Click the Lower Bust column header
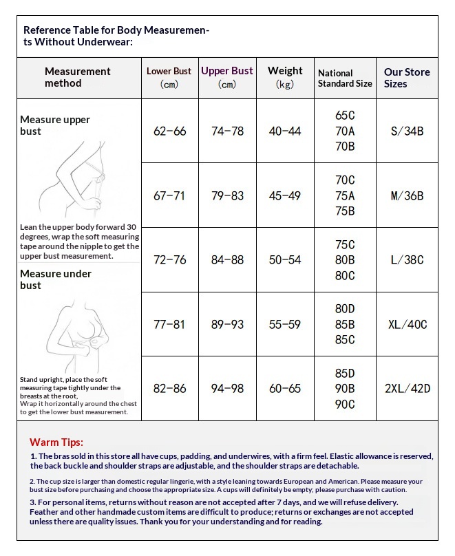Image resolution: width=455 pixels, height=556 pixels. tap(169, 77)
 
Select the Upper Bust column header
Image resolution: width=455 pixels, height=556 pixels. tap(227, 77)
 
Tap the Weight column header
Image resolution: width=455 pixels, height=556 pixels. tap(285, 77)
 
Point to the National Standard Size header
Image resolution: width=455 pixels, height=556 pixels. tap(345, 78)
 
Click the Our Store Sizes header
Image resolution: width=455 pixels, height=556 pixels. tap(407, 78)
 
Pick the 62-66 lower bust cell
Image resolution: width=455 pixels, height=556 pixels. tap(169, 131)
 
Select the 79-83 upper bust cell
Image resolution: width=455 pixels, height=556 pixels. tap(227, 195)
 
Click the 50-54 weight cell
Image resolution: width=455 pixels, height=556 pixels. tap(285, 260)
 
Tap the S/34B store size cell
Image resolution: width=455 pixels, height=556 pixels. tap(407, 131)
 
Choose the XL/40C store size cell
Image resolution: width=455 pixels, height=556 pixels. tap(407, 324)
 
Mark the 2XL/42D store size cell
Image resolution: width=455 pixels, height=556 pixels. tap(407, 389)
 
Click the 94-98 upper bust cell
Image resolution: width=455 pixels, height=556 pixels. tap(227, 389)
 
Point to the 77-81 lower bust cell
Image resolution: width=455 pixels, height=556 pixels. tap(169, 324)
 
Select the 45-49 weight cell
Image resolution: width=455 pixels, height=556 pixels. tap(285, 195)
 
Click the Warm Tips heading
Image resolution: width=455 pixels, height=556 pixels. tap(56, 442)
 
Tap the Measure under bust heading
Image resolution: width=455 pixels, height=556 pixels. tap(56, 279)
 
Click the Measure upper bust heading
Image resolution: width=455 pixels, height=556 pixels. tap(55, 125)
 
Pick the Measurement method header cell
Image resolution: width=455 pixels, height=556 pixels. tap(78, 77)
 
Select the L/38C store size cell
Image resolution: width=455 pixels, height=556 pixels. tap(407, 260)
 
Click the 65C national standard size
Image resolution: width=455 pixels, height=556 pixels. tap(345, 115)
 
